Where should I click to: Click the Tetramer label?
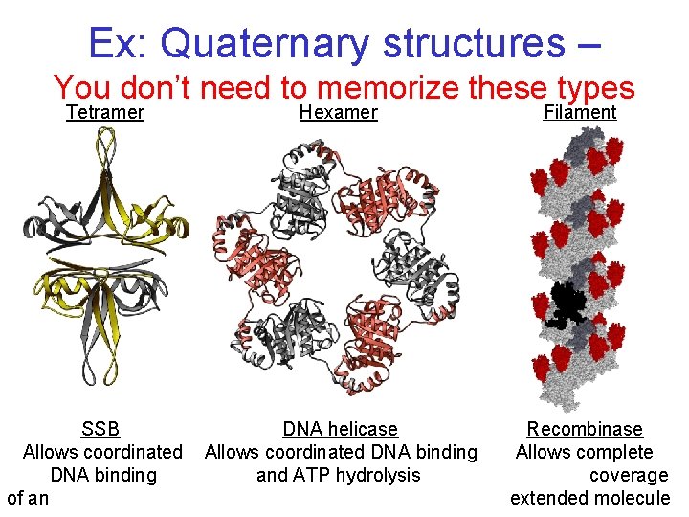click(x=105, y=113)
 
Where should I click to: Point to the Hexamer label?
click(x=339, y=113)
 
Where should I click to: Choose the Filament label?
click(x=580, y=113)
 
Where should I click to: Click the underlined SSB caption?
click(x=100, y=429)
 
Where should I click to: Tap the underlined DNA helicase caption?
click(x=340, y=429)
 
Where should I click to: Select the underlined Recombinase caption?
click(x=585, y=429)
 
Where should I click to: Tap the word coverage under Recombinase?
click(x=629, y=475)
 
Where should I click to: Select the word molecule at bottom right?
click(x=633, y=498)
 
